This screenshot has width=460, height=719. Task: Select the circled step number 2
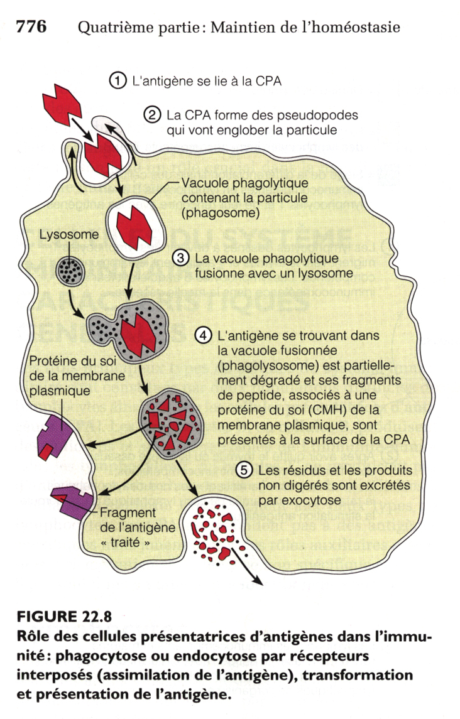coord(151,115)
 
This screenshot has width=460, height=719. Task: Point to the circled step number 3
coord(180,259)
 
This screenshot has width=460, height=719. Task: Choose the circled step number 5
coord(243,470)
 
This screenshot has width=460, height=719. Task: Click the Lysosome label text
coord(69,235)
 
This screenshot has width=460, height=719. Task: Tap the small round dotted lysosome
coord(69,271)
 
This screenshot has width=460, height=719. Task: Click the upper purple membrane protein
coord(55,434)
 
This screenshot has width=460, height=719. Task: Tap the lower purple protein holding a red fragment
coord(73,502)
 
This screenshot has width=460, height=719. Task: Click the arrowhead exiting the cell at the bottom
coord(258,578)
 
